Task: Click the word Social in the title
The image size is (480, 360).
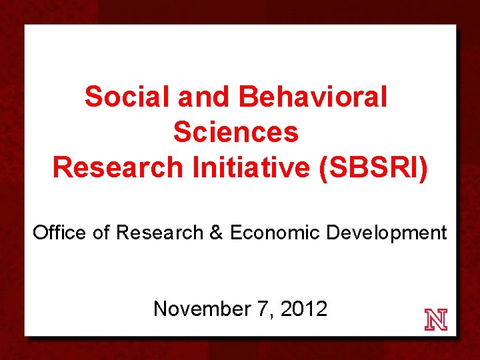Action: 127,97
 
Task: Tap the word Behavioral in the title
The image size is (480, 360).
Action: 312,97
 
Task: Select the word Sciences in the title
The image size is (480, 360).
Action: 236,132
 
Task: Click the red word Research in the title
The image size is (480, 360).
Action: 117,167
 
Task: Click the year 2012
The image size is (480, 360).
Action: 304,309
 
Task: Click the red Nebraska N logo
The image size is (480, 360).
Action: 436,320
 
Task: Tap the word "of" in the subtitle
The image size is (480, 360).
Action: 102,233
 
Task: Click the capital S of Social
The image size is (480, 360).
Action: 93,97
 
